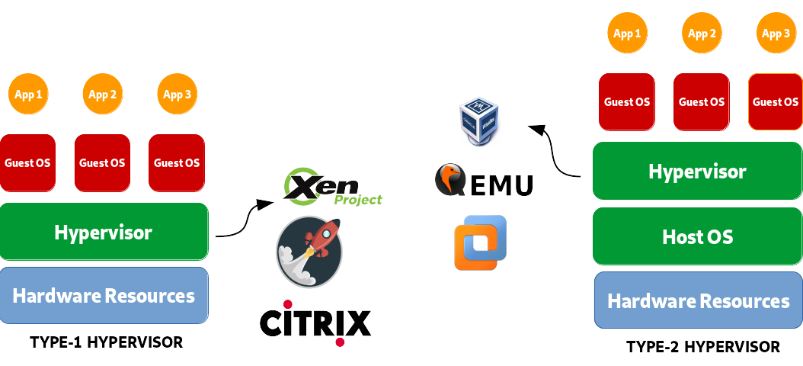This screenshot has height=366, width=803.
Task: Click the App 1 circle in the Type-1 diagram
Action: click(x=29, y=95)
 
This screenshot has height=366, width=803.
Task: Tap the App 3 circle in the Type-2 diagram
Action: click(x=776, y=34)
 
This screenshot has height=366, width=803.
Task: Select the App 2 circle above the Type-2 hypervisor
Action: click(x=702, y=34)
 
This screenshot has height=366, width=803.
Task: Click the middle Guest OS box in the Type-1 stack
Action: click(x=102, y=162)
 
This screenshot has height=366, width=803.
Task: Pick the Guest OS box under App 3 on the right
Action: click(x=776, y=101)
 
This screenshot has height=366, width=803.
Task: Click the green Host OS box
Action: click(x=697, y=236)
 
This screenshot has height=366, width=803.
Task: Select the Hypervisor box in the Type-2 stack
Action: click(x=697, y=172)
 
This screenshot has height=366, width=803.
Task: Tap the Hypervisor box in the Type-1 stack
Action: click(x=104, y=232)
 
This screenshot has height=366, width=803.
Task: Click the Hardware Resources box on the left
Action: click(x=104, y=295)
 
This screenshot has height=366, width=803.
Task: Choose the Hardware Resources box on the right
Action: click(x=698, y=300)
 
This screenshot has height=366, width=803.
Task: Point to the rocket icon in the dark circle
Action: click(x=309, y=252)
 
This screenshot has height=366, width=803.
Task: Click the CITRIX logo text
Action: click(x=315, y=323)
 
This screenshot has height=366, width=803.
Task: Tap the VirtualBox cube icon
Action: click(x=481, y=120)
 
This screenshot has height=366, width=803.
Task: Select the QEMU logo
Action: click(x=484, y=183)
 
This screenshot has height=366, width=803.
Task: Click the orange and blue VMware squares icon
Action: click(x=480, y=242)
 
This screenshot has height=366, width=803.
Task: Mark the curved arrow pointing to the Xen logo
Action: click(x=244, y=221)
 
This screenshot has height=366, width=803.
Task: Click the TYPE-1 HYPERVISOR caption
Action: click(x=107, y=342)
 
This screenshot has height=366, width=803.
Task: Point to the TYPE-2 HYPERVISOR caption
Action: click(x=702, y=347)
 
